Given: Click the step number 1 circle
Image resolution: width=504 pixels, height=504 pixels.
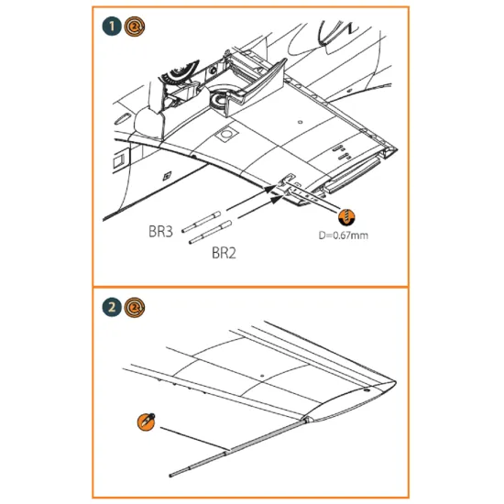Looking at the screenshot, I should pos(110,27).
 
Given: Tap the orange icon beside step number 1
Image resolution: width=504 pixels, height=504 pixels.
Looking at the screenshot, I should pos(133,27).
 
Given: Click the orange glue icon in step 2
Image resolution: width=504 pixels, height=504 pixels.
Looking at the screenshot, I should pos(143,421).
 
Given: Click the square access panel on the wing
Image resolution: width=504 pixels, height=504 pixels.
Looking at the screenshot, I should pos(224,136).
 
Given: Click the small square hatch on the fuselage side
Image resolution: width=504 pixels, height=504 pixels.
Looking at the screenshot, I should pos(164,175).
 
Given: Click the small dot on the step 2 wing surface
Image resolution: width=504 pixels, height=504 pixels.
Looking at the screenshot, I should pos(263,375).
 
